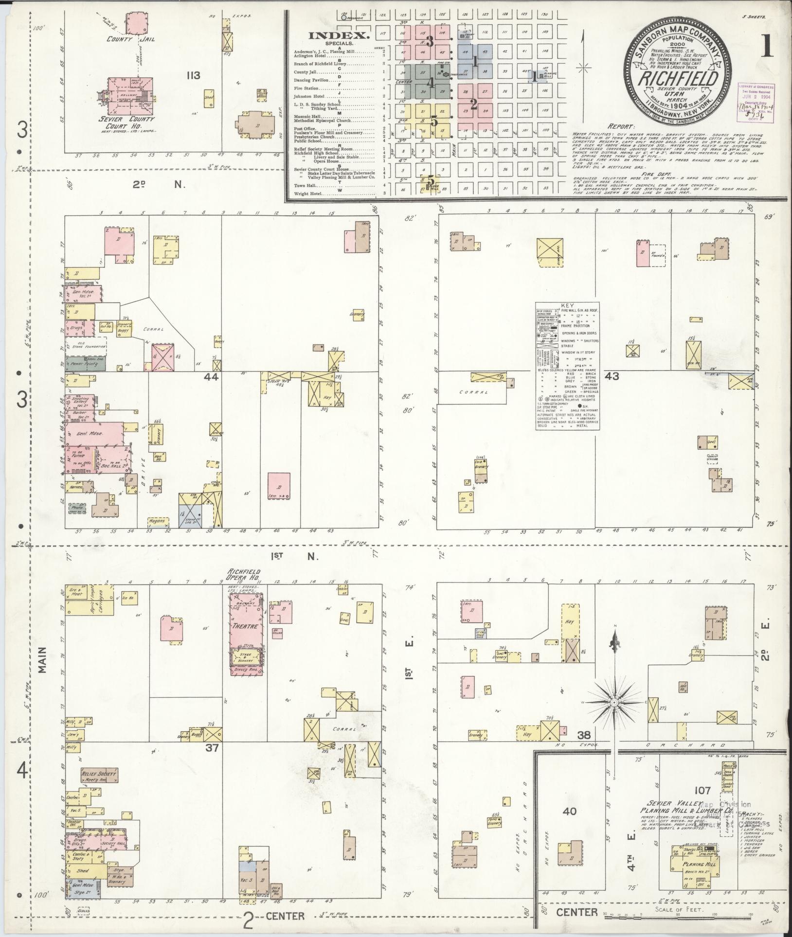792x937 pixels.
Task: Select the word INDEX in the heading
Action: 340,35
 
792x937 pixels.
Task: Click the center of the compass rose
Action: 614,702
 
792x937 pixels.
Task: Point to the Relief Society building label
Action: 99,787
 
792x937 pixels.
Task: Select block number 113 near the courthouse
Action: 194,75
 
